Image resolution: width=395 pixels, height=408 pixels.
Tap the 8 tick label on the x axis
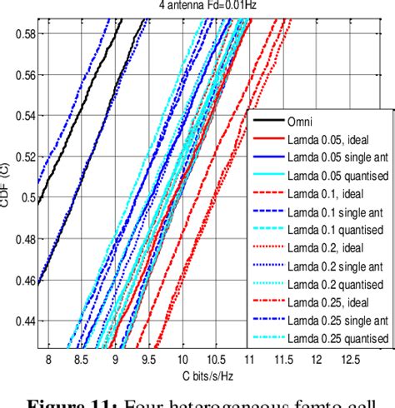(x=48, y=359)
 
